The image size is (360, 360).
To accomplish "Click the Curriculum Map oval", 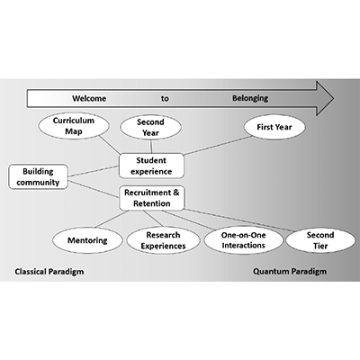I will click(x=73, y=126).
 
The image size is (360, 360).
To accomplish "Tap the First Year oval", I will click(x=274, y=128).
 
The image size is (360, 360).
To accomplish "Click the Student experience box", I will click(x=152, y=165).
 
